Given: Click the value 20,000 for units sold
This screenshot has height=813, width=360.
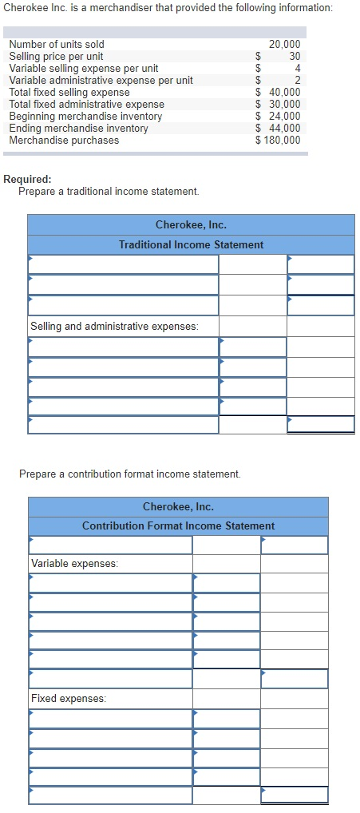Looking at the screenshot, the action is coord(284,44).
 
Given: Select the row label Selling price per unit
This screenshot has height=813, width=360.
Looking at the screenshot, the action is coord(56,56).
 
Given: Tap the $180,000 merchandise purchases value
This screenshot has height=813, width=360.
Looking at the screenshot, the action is coord(279,140).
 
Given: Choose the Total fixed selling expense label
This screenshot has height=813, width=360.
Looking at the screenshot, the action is coord(69,92).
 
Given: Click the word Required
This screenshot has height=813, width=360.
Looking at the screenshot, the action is coord(28,180).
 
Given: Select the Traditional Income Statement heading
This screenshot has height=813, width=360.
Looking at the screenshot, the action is coord(191,244).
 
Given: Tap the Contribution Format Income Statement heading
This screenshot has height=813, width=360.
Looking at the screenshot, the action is coord(178,525).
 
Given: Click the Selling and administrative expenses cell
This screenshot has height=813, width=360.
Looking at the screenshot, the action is coord(114,326).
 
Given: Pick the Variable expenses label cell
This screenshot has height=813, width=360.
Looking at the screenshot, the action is coord(74,564).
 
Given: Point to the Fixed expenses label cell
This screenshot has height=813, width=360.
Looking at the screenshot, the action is coord(68,698).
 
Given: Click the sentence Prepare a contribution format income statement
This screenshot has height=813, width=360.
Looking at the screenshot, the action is coord(129,474).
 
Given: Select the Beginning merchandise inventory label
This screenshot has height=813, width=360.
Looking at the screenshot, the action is coord(85,116).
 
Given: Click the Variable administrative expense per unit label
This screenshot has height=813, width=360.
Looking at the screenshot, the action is coord(101,80).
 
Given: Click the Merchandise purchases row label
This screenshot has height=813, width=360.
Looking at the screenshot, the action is coord(64,140).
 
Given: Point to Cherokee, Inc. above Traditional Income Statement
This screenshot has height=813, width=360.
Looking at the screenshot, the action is coord(191,225).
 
